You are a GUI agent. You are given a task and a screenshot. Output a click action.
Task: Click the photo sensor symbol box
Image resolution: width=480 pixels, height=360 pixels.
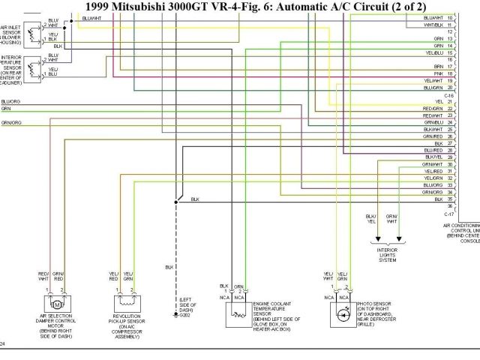pos(341,310)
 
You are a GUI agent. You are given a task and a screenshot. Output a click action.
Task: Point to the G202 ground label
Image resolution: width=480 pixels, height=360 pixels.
pos(184,315)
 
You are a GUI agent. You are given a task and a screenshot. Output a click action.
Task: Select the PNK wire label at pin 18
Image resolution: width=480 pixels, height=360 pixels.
pos(438,74)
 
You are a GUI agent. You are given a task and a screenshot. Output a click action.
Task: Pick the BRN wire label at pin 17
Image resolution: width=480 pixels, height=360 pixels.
pos(438,67)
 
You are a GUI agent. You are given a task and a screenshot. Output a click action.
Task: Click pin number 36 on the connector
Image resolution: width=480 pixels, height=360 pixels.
pos(449,206)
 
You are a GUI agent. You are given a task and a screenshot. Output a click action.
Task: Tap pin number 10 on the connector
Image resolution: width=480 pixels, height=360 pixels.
pos(449,17)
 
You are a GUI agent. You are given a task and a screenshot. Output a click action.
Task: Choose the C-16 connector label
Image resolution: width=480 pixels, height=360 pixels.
pos(448,95)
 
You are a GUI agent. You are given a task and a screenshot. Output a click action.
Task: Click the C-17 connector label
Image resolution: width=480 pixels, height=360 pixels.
pos(448,214)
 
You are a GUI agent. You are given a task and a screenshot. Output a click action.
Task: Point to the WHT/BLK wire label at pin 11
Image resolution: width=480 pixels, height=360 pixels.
pos(433,24)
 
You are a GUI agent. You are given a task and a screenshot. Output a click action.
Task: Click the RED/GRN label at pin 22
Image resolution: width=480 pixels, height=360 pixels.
pos(433,109)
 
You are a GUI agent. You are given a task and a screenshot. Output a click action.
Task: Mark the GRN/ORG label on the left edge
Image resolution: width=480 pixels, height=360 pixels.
pos(10,122)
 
